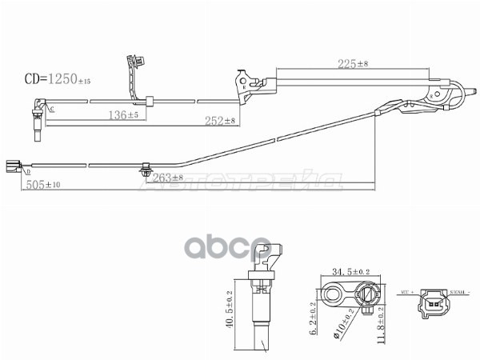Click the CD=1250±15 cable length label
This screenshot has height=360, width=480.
point(57,79)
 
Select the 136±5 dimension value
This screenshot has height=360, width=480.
point(124,114)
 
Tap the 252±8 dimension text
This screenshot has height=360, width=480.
point(218,120)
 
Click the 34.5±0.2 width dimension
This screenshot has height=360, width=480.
point(346,271)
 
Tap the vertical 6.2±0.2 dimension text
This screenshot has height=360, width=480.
point(314,318)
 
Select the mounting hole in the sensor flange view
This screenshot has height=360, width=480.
point(332,293)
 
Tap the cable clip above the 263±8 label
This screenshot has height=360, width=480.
point(145,168)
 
